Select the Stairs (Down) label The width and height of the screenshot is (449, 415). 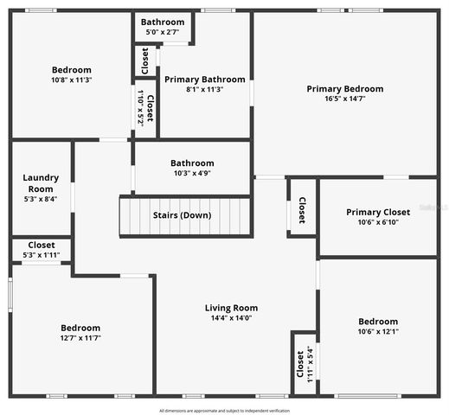pyautogui.click(x=182, y=215)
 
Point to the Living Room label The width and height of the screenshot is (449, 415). pyautogui.click(x=231, y=308)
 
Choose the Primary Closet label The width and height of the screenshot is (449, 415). pyautogui.click(x=378, y=213)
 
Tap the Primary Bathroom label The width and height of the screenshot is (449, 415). pyautogui.click(x=205, y=78)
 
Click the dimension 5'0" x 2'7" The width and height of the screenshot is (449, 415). pyautogui.click(x=163, y=31)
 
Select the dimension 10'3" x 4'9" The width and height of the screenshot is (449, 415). pyautogui.click(x=191, y=173)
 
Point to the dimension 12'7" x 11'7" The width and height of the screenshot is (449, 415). pyautogui.click(x=80, y=338)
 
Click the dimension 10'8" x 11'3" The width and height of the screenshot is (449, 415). pyautogui.click(x=71, y=80)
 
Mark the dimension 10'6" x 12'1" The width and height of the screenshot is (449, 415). pyautogui.click(x=378, y=331)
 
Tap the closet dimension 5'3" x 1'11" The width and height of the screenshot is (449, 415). pyautogui.click(x=42, y=255)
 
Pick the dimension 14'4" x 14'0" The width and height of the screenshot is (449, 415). pyautogui.click(x=231, y=317)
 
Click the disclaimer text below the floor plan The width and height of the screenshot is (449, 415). pyautogui.click(x=224, y=411)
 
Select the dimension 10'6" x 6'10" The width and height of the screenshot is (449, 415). pyautogui.click(x=378, y=222)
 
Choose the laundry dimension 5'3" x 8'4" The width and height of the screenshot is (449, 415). pyautogui.click(x=41, y=199)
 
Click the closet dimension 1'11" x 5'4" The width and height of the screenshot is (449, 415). pyautogui.click(x=310, y=363)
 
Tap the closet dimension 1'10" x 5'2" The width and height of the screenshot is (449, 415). pyautogui.click(x=141, y=109)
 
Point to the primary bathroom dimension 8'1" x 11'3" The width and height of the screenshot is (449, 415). pyautogui.click(x=205, y=88)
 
